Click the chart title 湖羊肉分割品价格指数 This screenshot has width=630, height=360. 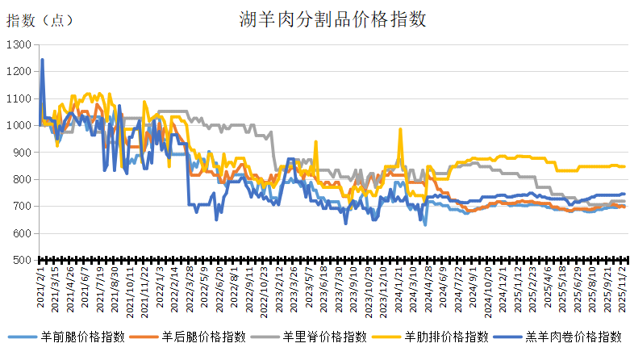[x=332, y=18]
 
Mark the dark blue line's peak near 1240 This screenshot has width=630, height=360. [x=42, y=60]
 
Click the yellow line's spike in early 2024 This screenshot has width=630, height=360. [x=400, y=129]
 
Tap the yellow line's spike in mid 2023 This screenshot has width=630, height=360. [x=315, y=142]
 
